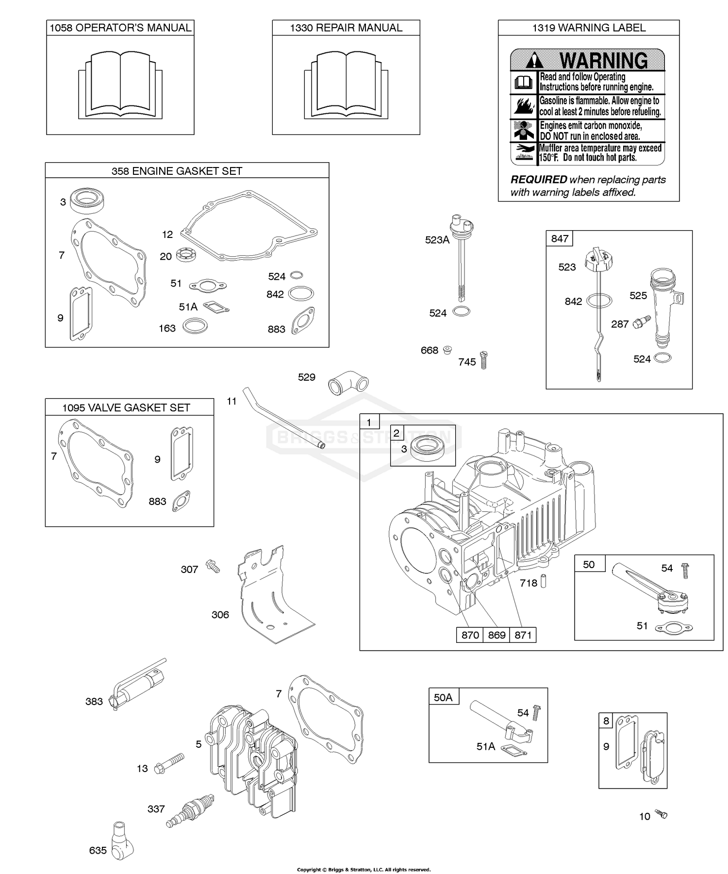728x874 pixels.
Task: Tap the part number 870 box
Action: (470, 635)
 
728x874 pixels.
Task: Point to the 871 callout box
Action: (523, 635)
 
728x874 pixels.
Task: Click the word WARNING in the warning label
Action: (603, 61)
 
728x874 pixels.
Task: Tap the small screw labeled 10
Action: (661, 814)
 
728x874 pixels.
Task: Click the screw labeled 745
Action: (483, 360)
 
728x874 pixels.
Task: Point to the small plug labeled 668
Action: (447, 349)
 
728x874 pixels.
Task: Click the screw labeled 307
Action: (213, 565)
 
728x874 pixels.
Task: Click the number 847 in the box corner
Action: (560, 238)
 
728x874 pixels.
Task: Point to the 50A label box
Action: (443, 697)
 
